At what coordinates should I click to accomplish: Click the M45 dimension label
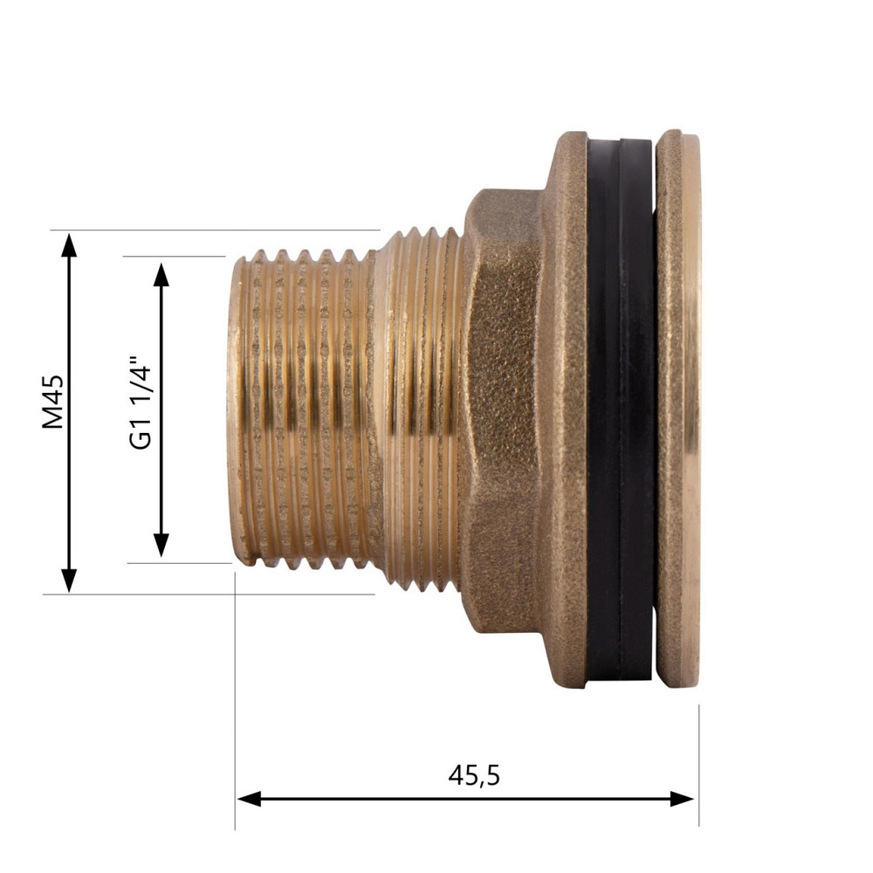click(x=54, y=404)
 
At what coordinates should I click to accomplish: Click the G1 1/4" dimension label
click(x=141, y=402)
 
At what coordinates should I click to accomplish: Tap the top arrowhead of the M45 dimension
click(x=69, y=244)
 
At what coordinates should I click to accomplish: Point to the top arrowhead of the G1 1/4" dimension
click(x=161, y=273)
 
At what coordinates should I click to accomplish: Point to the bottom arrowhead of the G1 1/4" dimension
click(x=161, y=546)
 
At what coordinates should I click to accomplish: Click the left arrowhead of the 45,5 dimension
click(x=249, y=799)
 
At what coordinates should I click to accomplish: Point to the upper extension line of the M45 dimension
click(x=218, y=230)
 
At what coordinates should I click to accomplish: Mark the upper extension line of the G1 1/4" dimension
click(x=175, y=257)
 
